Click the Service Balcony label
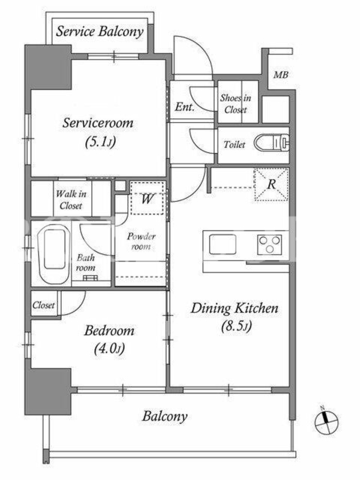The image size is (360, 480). coord(100,32)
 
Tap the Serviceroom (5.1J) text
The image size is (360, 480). coord(98,132)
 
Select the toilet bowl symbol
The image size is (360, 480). coord(272,143)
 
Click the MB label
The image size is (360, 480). coord(281,74)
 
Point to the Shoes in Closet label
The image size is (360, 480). coord(235,104)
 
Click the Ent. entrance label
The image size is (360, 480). coord(185,107)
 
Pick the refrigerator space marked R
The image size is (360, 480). coord(271,184)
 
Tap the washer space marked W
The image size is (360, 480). coord(147,199)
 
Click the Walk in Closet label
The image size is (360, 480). coord(71,200)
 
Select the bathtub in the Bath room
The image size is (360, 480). coord(55,253)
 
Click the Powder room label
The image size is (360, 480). coord(141,241)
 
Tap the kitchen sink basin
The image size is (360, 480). coord(223,244)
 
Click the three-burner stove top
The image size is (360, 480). coord(269,245)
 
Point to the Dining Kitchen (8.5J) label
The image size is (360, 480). coord(235,317)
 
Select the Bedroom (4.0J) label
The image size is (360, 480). coord(109,340)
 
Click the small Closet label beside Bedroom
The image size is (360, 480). coord(43,305)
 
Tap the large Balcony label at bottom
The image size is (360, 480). coord(164,416)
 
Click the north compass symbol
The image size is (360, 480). coord(326,422)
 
